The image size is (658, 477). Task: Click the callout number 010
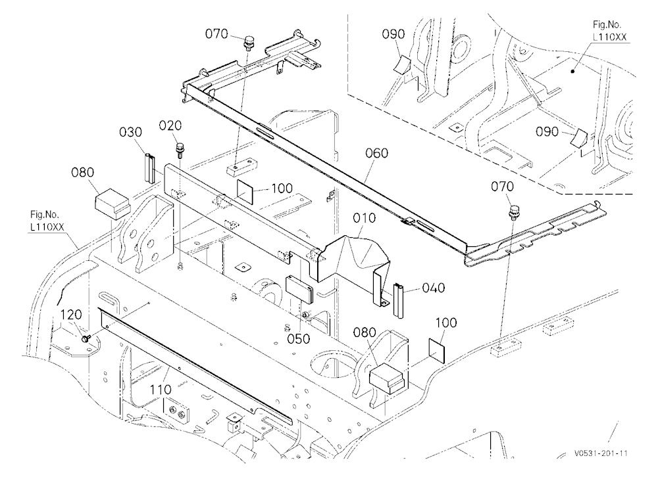coord(365,218)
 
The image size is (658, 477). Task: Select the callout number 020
coord(170,125)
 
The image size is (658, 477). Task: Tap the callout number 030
coord(130,133)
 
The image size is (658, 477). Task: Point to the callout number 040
coord(434,288)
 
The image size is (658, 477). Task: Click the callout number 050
coord(298,338)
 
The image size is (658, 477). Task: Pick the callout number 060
coord(376,153)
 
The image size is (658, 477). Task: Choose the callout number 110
coord(161,390)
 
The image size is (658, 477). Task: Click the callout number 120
coord(70,314)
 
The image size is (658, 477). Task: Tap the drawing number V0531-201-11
coord(601,453)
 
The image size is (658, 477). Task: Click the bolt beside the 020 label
coord(180,149)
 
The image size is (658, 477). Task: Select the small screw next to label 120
coord(87,338)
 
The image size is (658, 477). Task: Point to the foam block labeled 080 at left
coord(113,203)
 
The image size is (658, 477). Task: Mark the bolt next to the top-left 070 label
coord(249,43)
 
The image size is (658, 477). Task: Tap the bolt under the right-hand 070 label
coord(513,212)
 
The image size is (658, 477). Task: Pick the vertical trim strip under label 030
coord(150,168)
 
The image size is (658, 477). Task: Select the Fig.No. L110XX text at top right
coord(609,31)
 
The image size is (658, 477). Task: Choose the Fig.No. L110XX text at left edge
coord(47,221)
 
